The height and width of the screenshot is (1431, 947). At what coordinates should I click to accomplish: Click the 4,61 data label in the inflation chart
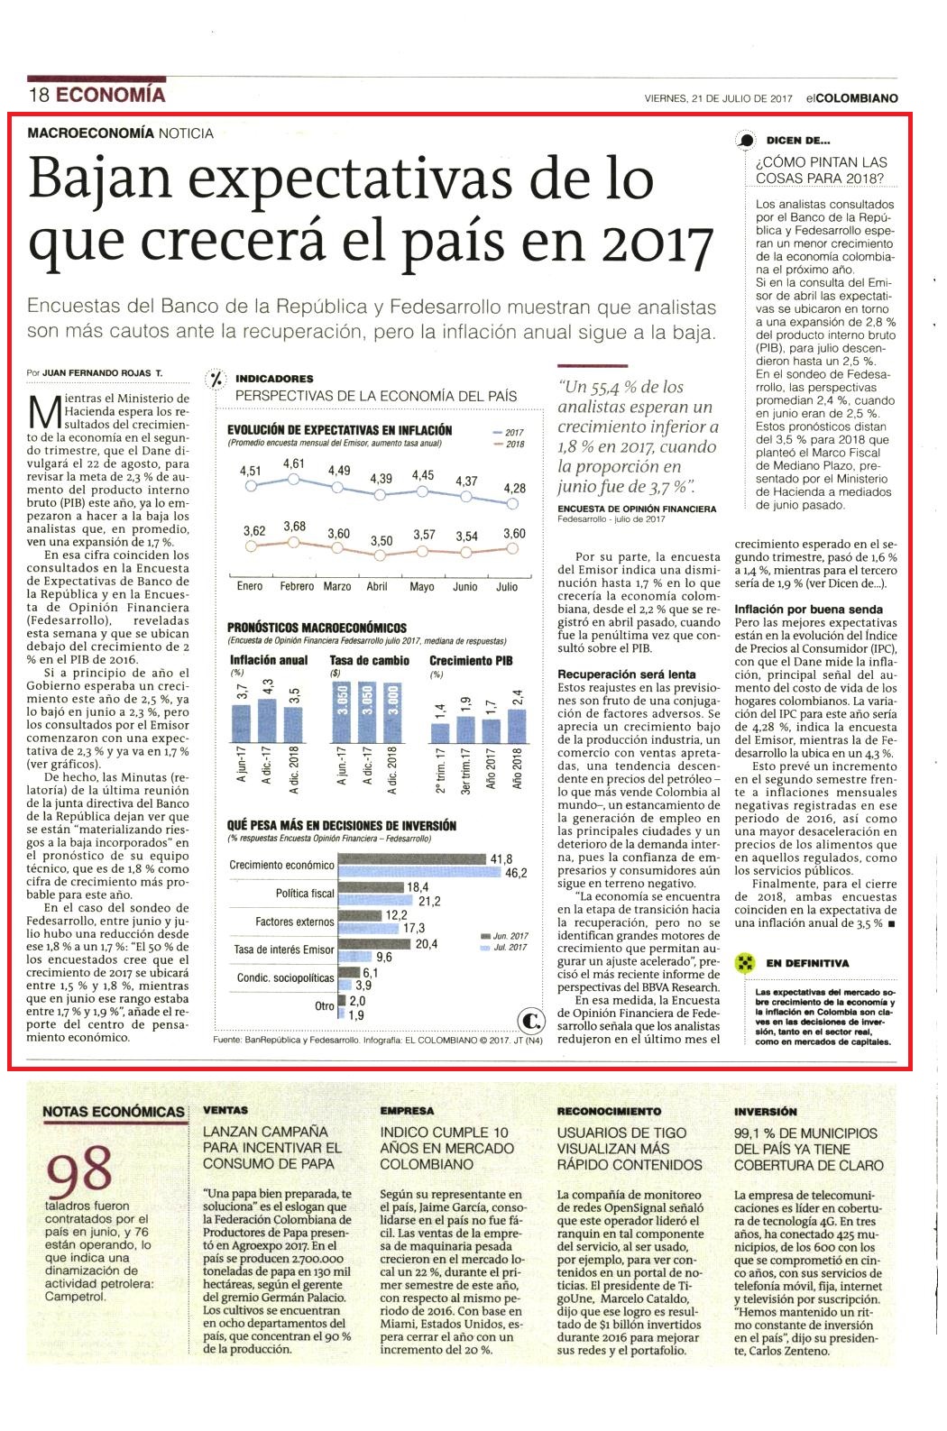(x=294, y=463)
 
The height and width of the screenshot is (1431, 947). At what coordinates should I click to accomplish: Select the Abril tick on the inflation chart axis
(x=377, y=586)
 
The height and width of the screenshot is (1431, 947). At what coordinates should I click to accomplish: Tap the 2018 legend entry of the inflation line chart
(x=510, y=444)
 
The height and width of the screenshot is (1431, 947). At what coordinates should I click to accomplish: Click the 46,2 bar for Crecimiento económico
(x=419, y=872)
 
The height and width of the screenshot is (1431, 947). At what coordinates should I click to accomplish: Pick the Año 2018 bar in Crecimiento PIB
(x=517, y=727)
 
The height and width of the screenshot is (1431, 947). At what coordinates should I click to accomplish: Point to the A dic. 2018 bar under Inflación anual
(x=293, y=725)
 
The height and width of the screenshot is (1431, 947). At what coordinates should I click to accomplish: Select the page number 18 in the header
(x=39, y=96)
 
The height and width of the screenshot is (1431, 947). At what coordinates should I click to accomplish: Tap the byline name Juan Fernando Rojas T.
(x=102, y=372)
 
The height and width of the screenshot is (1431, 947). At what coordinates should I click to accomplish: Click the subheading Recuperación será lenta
(x=626, y=674)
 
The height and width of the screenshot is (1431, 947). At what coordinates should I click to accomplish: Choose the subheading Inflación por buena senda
(x=808, y=610)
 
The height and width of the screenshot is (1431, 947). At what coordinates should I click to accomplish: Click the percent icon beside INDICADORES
(x=216, y=380)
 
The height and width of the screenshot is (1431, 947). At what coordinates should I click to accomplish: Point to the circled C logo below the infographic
(x=531, y=1021)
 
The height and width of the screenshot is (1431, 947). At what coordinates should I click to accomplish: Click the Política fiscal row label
(x=305, y=893)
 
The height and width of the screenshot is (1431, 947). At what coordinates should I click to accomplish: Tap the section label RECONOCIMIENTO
(x=609, y=1111)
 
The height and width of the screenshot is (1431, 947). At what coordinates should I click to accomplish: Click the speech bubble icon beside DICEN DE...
(x=746, y=140)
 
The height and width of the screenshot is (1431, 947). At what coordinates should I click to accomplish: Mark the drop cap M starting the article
(x=44, y=413)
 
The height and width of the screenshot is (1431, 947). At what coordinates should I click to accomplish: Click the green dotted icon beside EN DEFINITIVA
(x=744, y=963)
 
